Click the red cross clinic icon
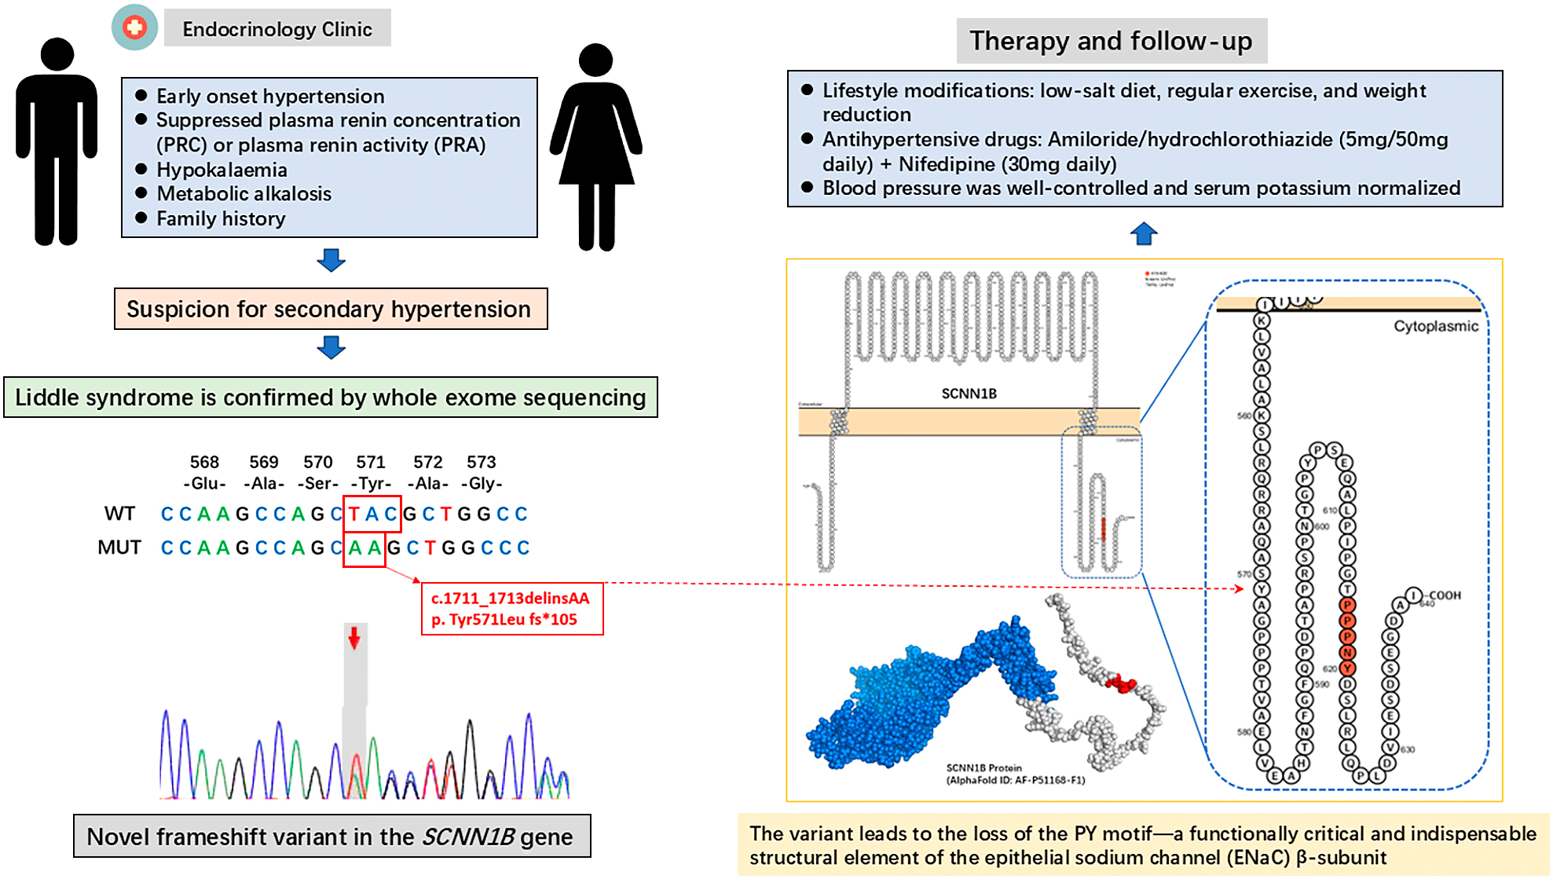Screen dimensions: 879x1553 134,27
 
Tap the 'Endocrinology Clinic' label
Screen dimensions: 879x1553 277,29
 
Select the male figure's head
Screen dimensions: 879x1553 57,55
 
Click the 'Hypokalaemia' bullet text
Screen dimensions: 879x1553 222,170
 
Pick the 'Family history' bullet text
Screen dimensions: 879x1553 221,218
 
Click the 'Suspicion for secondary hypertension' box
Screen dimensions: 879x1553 330,309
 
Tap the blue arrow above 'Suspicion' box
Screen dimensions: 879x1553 331,260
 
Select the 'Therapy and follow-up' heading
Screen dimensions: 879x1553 1111,41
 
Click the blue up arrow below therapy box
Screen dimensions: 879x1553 1144,233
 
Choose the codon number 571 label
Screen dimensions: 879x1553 371,462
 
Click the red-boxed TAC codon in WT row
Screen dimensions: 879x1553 372,514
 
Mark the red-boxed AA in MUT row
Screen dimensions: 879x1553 364,548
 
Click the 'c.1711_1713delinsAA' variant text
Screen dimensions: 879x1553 510,598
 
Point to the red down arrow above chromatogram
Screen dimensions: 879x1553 354,637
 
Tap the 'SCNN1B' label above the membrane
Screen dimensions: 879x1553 969,394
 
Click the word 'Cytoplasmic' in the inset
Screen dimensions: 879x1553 1435,326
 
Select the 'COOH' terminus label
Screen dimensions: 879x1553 1445,595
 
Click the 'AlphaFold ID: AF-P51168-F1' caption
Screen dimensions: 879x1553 1016,780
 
